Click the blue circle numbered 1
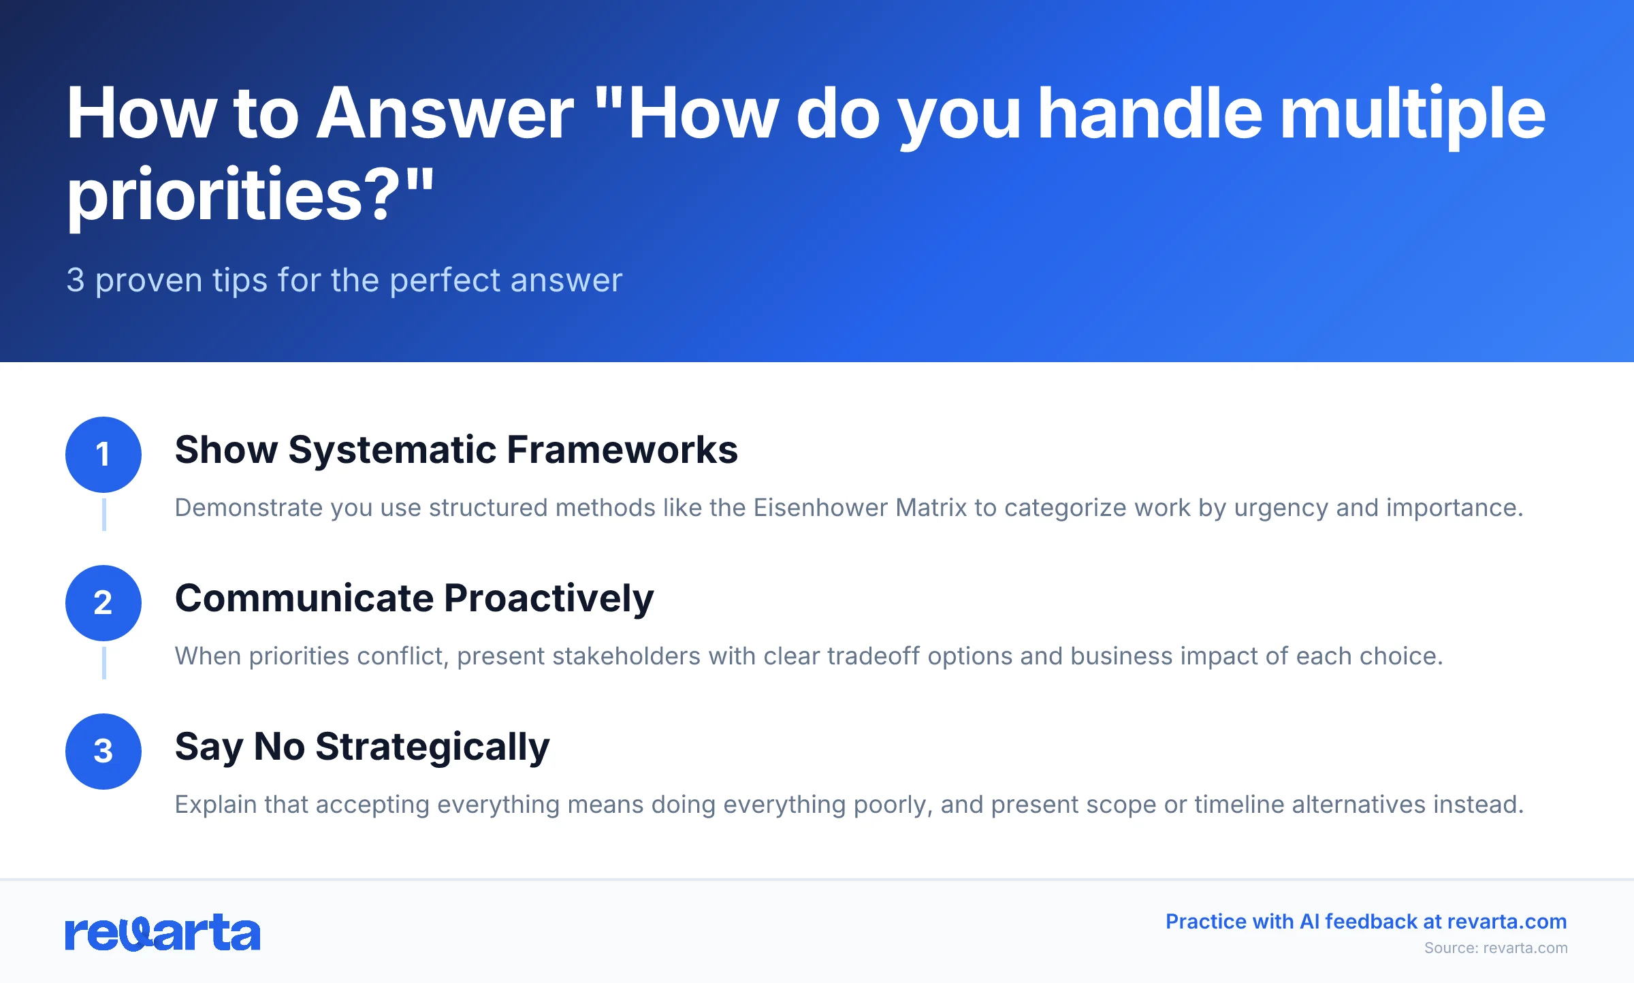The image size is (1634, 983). click(x=103, y=455)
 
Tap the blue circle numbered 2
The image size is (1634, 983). click(x=103, y=603)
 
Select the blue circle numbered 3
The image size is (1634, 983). click(x=103, y=752)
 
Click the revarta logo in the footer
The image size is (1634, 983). click(x=162, y=933)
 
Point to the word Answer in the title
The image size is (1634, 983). click(x=446, y=114)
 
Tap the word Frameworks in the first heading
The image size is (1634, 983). click(x=622, y=450)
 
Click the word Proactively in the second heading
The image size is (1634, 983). click(x=549, y=598)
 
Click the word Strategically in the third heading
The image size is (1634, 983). click(x=432, y=747)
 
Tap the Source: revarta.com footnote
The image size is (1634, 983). click(x=1496, y=948)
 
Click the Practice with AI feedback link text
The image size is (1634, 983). click(x=1366, y=922)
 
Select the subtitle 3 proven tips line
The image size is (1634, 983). click(x=344, y=280)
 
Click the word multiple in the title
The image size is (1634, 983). click(x=1413, y=114)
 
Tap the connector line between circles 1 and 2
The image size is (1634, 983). click(x=103, y=515)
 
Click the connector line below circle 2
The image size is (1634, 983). click(x=103, y=663)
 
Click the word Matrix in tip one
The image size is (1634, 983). click(x=931, y=508)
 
